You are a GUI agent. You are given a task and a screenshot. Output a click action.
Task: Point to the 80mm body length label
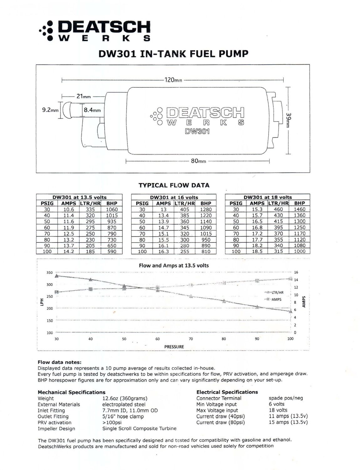pyautogui.click(x=198, y=161)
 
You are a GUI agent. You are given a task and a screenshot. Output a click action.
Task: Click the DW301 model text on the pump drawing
pyautogui.click(x=197, y=132)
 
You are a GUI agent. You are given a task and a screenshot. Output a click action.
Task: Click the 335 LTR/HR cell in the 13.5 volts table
pyautogui.click(x=90, y=209)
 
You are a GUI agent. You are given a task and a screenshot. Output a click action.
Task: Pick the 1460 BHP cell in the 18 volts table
pyautogui.click(x=299, y=209)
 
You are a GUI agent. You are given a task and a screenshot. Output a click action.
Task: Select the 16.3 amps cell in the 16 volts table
pyautogui.click(x=163, y=251)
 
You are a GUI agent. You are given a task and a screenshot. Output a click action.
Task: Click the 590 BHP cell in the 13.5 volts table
pyautogui.click(x=111, y=251)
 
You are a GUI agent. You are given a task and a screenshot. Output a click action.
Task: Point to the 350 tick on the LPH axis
pyautogui.click(x=50, y=273)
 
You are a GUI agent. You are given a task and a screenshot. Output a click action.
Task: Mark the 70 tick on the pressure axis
pyautogui.click(x=191, y=339)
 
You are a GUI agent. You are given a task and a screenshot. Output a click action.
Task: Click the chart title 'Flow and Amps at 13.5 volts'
pyautogui.click(x=174, y=265)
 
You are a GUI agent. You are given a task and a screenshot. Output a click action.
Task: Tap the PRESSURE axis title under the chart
pyautogui.click(x=174, y=347)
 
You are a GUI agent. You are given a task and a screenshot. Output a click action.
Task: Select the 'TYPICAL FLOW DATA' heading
pyautogui.click(x=174, y=185)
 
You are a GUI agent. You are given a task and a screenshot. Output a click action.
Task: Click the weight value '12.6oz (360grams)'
pyautogui.click(x=125, y=398)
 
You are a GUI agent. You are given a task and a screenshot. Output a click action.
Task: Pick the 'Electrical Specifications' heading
pyautogui.click(x=227, y=392)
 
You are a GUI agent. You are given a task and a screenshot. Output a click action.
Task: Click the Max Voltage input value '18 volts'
pyautogui.click(x=278, y=410)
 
